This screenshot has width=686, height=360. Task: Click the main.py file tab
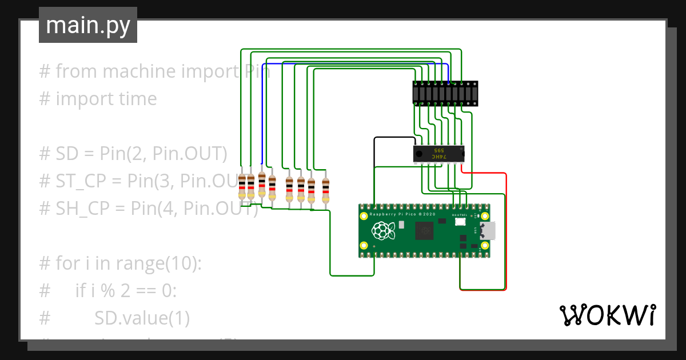click(x=88, y=25)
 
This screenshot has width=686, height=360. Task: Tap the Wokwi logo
click(x=607, y=315)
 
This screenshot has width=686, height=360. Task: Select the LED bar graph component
click(x=445, y=93)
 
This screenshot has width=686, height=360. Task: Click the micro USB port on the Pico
click(x=488, y=231)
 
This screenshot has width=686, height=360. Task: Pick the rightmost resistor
click(x=325, y=190)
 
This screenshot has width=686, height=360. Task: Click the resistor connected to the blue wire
click(x=262, y=184)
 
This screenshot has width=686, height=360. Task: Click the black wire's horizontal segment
click(x=394, y=138)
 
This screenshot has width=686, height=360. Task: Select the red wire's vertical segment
click(x=506, y=229)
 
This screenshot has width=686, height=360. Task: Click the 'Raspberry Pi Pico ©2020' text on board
click(x=402, y=214)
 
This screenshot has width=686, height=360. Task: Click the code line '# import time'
click(x=98, y=99)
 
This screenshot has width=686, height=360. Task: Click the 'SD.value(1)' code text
click(x=142, y=318)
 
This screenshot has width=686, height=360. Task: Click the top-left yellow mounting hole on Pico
click(x=364, y=216)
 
